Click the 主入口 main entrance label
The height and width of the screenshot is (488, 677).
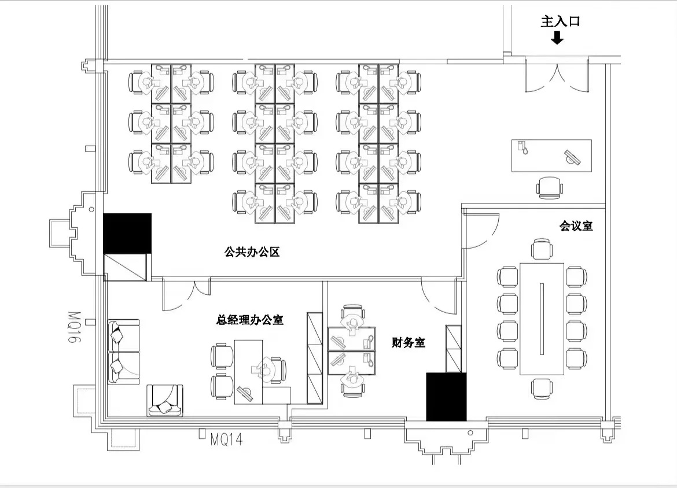click(560, 21)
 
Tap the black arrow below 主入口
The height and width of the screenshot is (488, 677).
click(557, 38)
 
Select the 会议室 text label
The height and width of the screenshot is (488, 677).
click(576, 225)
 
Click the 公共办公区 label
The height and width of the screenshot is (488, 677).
click(252, 252)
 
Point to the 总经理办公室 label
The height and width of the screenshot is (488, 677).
click(249, 320)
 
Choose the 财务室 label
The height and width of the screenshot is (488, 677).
click(409, 343)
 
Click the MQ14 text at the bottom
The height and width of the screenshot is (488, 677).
click(226, 439)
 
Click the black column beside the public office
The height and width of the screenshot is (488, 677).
click(127, 233)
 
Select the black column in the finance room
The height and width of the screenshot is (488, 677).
click(446, 397)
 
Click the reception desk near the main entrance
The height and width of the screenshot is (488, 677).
click(551, 156)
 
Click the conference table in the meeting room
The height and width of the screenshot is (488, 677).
click(542, 319)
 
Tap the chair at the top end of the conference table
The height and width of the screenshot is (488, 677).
click(542, 249)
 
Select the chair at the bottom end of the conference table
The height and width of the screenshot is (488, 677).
click(542, 389)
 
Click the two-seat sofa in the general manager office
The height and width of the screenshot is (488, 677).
click(123, 352)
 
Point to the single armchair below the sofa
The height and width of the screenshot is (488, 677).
click(165, 401)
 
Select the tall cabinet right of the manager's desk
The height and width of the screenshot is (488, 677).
click(315, 358)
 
